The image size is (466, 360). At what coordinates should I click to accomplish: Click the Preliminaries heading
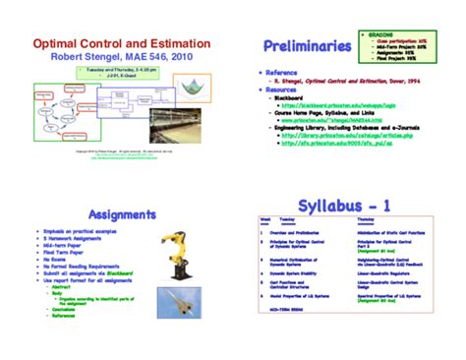(x=308, y=47)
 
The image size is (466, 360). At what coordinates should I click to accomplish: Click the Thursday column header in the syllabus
(x=365, y=220)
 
